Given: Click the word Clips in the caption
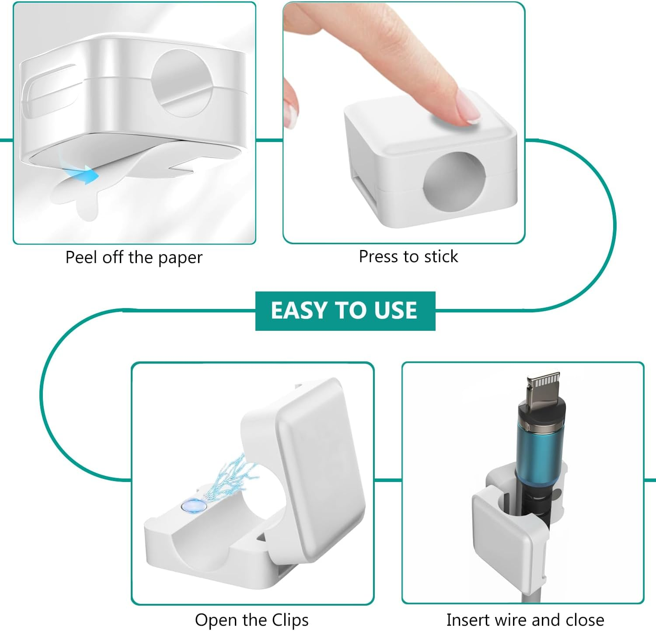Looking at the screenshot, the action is tap(290, 620).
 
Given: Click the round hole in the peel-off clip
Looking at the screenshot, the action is tap(182, 83).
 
